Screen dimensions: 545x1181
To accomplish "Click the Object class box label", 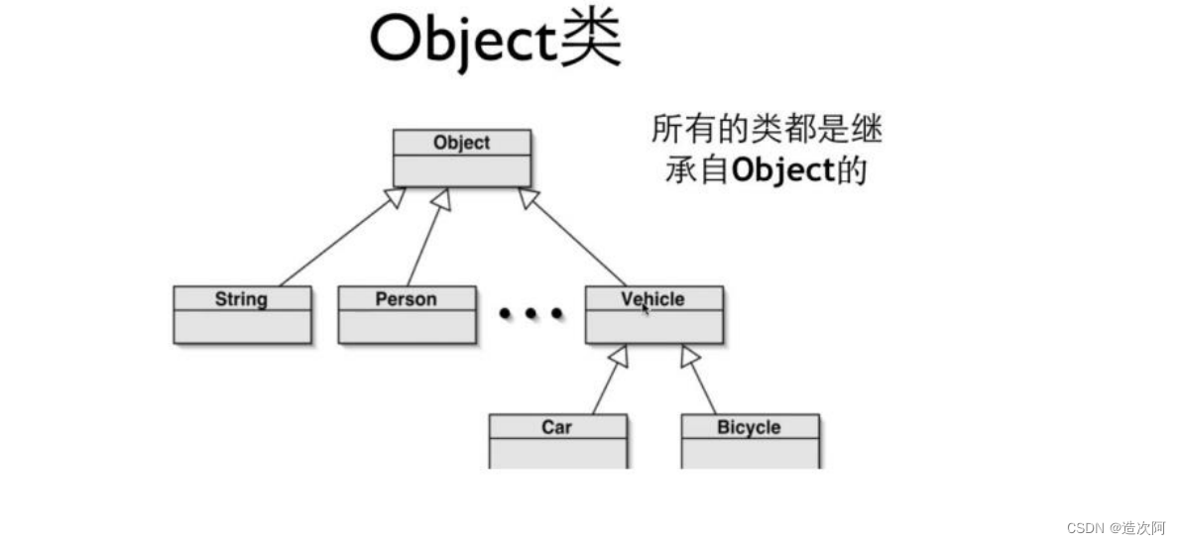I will click(x=461, y=143).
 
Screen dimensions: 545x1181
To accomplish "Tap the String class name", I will click(x=241, y=298).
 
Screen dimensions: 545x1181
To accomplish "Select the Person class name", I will click(x=406, y=298).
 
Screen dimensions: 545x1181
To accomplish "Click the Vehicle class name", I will click(x=652, y=298).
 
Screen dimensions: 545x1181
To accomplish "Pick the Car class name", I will click(x=556, y=427).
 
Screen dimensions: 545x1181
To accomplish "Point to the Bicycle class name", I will click(x=749, y=427).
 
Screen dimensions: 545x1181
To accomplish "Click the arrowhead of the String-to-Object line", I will click(x=396, y=197).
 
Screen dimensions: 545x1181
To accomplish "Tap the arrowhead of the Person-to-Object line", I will click(x=441, y=198).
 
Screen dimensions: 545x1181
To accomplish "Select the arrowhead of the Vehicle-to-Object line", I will click(x=530, y=197).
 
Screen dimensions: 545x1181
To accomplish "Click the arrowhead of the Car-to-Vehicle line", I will click(x=618, y=356).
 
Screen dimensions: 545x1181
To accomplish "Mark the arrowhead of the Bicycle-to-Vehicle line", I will click(x=690, y=356).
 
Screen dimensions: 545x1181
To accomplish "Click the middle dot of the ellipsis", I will click(x=531, y=314).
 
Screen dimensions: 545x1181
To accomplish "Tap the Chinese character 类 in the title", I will click(x=591, y=40).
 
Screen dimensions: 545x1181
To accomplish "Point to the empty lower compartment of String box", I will click(x=242, y=326).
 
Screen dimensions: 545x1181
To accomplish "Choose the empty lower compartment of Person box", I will click(x=407, y=326).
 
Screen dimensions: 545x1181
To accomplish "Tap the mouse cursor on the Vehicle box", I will click(x=645, y=309).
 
